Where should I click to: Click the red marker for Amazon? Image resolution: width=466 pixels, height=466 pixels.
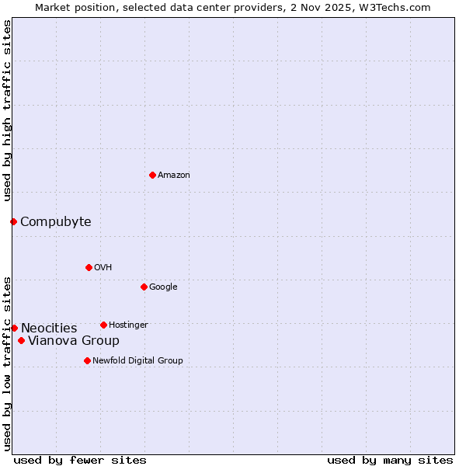[152, 175]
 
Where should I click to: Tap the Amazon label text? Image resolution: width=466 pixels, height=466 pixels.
[174, 176]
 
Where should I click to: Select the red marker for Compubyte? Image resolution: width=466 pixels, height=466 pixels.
[13, 221]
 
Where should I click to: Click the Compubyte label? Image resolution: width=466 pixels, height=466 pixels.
[56, 222]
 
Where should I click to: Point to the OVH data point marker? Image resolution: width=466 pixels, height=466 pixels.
[89, 267]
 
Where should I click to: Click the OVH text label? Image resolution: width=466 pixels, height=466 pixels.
[103, 268]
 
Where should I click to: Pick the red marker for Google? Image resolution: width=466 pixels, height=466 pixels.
[144, 287]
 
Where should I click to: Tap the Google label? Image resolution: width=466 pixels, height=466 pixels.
[163, 287]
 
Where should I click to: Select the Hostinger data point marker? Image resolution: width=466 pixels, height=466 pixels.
[103, 325]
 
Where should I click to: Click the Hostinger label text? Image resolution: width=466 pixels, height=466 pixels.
[128, 325]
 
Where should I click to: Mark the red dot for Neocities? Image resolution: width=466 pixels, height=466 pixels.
[14, 328]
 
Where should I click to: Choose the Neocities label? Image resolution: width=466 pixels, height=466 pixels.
[49, 329]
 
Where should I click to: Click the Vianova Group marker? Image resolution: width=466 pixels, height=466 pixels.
[21, 340]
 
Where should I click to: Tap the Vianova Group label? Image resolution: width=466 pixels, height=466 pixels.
[74, 341]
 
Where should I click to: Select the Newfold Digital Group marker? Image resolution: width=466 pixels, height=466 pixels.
[87, 360]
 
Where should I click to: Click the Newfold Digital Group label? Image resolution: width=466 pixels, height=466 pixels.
[137, 361]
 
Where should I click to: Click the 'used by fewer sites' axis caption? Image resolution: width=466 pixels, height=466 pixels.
[80, 461]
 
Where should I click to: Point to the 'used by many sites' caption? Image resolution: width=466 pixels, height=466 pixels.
[390, 461]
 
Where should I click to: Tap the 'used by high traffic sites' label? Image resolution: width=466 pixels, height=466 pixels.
[7, 111]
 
